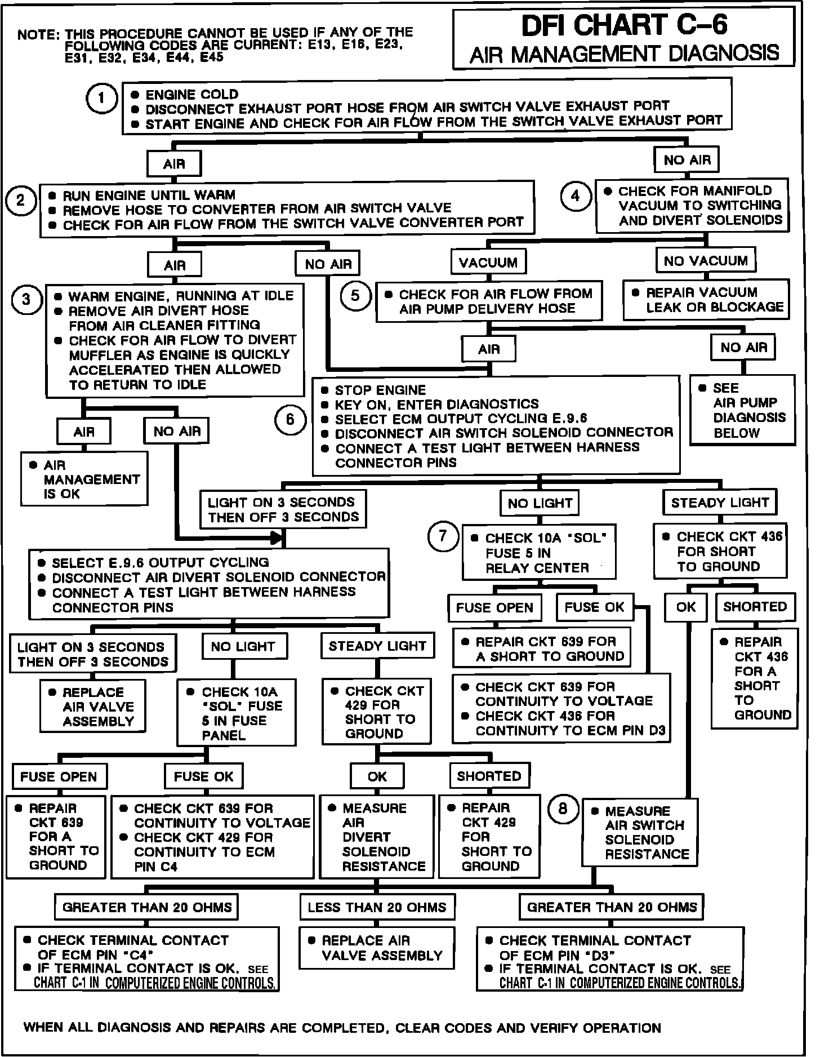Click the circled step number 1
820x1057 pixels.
click(x=101, y=100)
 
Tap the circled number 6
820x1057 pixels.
click(x=290, y=419)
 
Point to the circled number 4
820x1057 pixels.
click(x=575, y=196)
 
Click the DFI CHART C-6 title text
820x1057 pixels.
click(x=624, y=25)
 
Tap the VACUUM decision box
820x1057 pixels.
click(x=488, y=263)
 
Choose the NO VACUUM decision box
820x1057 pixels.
click(x=705, y=261)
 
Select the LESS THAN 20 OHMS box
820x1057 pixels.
click(x=377, y=907)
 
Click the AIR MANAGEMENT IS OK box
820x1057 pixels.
click(x=84, y=479)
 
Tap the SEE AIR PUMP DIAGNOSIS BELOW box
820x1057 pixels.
click(x=743, y=410)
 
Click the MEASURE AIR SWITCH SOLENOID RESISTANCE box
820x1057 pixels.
click(x=639, y=832)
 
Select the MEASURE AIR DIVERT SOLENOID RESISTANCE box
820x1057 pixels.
click(x=377, y=836)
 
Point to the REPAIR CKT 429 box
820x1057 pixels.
click(x=489, y=836)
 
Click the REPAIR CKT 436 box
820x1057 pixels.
click(x=755, y=678)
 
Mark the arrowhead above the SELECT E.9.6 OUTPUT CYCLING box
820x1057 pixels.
click(x=277, y=539)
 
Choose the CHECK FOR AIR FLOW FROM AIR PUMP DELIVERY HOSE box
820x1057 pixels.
click(x=488, y=301)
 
